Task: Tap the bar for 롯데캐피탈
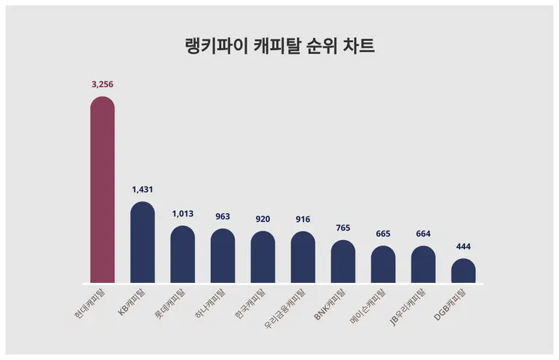(183, 254)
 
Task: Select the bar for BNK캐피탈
(343, 261)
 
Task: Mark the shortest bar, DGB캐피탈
(463, 271)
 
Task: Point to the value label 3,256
(103, 84)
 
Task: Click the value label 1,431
(143, 189)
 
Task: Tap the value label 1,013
(183, 214)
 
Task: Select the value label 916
(303, 219)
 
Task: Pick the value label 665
(383, 233)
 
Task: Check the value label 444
(463, 247)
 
